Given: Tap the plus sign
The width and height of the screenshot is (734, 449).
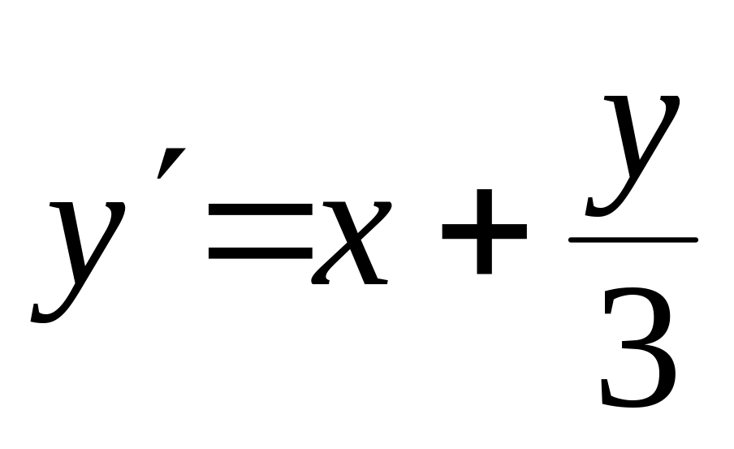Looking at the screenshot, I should pos(483,231).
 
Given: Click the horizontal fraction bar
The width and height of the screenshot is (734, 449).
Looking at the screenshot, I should pos(633,240).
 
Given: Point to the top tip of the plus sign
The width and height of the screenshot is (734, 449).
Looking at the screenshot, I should pos(483,192).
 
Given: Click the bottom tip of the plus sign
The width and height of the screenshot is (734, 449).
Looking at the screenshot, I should pos(483,271).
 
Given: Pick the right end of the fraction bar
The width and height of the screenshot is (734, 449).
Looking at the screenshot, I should pos(695,240).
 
